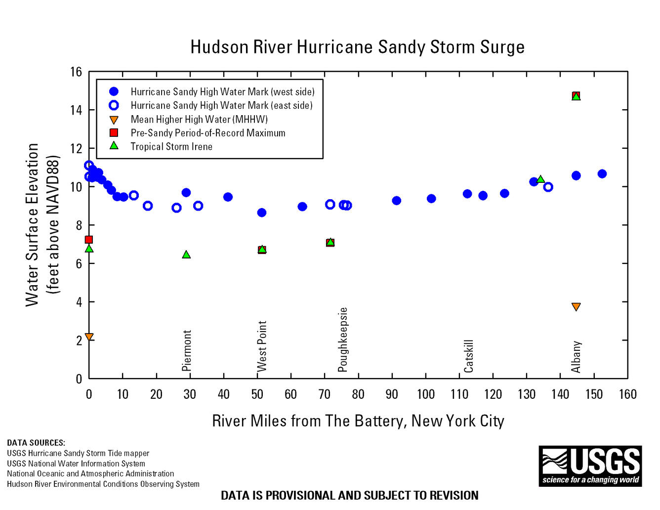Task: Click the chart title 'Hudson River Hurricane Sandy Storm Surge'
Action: [357, 47]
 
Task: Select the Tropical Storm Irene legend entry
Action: [171, 147]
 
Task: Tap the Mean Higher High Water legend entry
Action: [199, 119]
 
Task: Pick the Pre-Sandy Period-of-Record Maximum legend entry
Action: [207, 133]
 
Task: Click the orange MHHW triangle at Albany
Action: [576, 307]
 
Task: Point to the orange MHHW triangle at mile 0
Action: [89, 337]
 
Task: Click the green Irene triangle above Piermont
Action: [186, 255]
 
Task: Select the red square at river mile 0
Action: [89, 240]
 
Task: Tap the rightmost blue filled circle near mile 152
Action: [602, 174]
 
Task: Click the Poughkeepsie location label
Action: [343, 340]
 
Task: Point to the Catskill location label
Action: [469, 356]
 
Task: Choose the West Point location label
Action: [262, 346]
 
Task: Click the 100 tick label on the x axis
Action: [425, 394]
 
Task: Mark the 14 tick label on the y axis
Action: [76, 110]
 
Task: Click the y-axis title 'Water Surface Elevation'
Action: [33, 225]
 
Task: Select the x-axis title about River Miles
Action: [358, 421]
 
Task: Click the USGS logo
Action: [590, 466]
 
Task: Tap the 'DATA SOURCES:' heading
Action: [36, 443]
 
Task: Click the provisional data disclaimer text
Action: [349, 495]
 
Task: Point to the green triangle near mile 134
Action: [540, 179]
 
